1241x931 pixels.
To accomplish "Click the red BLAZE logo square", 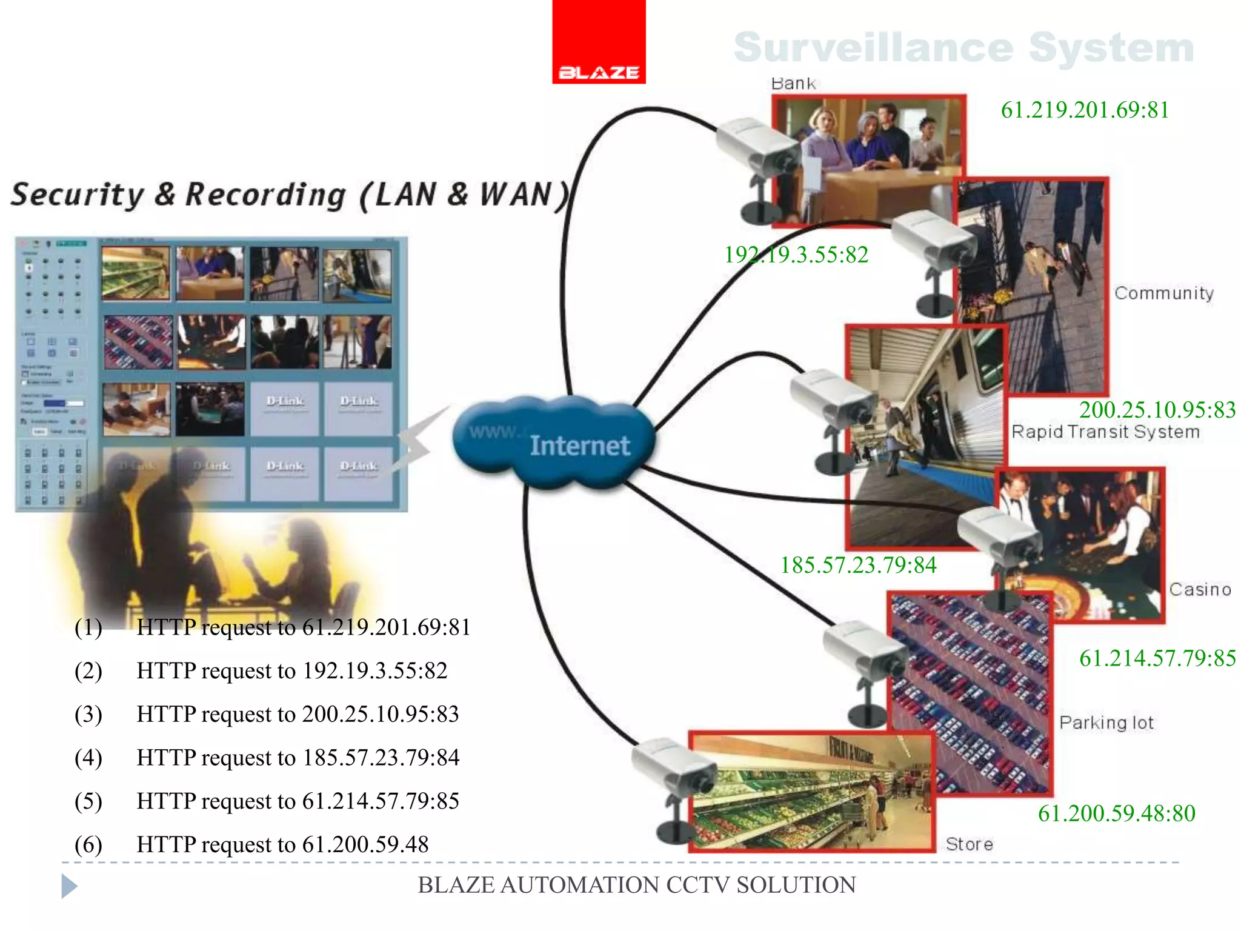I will tap(599, 41).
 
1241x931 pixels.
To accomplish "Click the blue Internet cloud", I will tap(554, 442).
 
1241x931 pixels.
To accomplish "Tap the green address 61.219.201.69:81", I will tap(1085, 110).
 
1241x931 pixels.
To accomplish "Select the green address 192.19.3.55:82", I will tap(796, 255).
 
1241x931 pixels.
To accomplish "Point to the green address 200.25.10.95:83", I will tap(1157, 410).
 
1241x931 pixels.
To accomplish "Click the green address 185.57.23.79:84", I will tap(858, 565).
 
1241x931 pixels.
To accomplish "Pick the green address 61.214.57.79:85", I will tap(1157, 658).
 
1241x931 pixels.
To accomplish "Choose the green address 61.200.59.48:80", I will tap(1116, 813).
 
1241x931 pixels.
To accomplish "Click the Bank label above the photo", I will tap(793, 83).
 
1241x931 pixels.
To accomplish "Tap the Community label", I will tap(1163, 293).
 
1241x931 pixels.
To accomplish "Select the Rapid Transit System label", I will tap(1105, 432).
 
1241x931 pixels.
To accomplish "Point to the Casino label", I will tap(1200, 589).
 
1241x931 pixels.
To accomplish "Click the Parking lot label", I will tap(1106, 722).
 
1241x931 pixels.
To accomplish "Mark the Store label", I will tap(969, 844).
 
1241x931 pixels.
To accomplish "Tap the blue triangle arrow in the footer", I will tap(69, 886).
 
